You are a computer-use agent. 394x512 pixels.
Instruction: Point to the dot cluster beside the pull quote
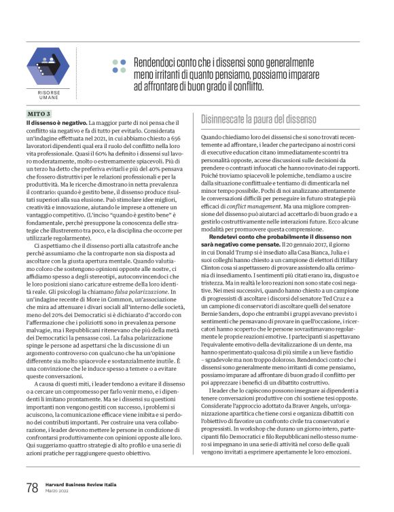[120, 65]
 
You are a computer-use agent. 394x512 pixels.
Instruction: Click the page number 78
[31, 488]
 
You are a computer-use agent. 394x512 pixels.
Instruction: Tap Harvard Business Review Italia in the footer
[82, 484]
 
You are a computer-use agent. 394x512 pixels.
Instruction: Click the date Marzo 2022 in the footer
[58, 492]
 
